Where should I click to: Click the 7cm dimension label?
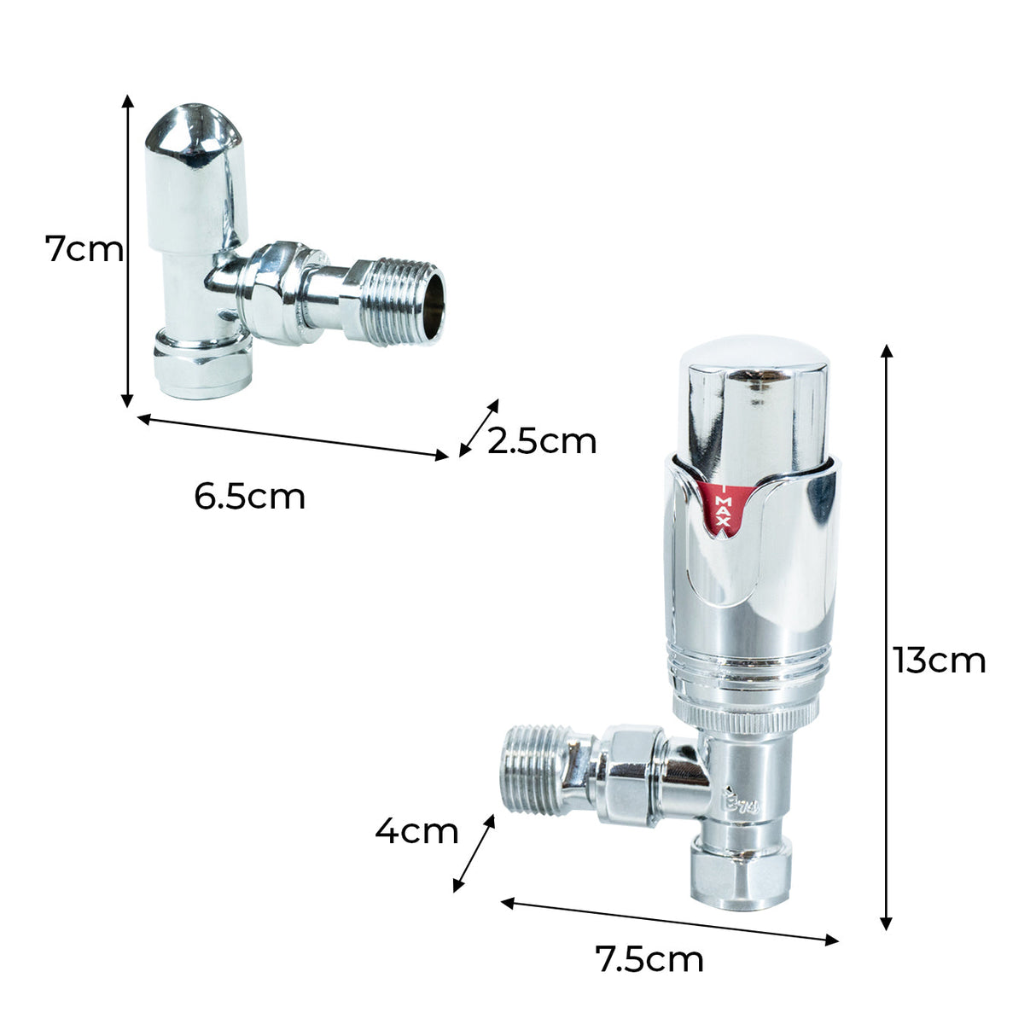84,250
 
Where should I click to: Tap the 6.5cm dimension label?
249,496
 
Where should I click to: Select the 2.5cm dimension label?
542,441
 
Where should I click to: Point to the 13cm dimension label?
940,661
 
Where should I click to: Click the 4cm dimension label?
416,830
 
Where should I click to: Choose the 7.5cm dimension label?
649,959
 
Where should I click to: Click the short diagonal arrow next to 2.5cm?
479,428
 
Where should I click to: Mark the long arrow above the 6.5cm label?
292,436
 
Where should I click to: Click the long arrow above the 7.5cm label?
669,921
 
